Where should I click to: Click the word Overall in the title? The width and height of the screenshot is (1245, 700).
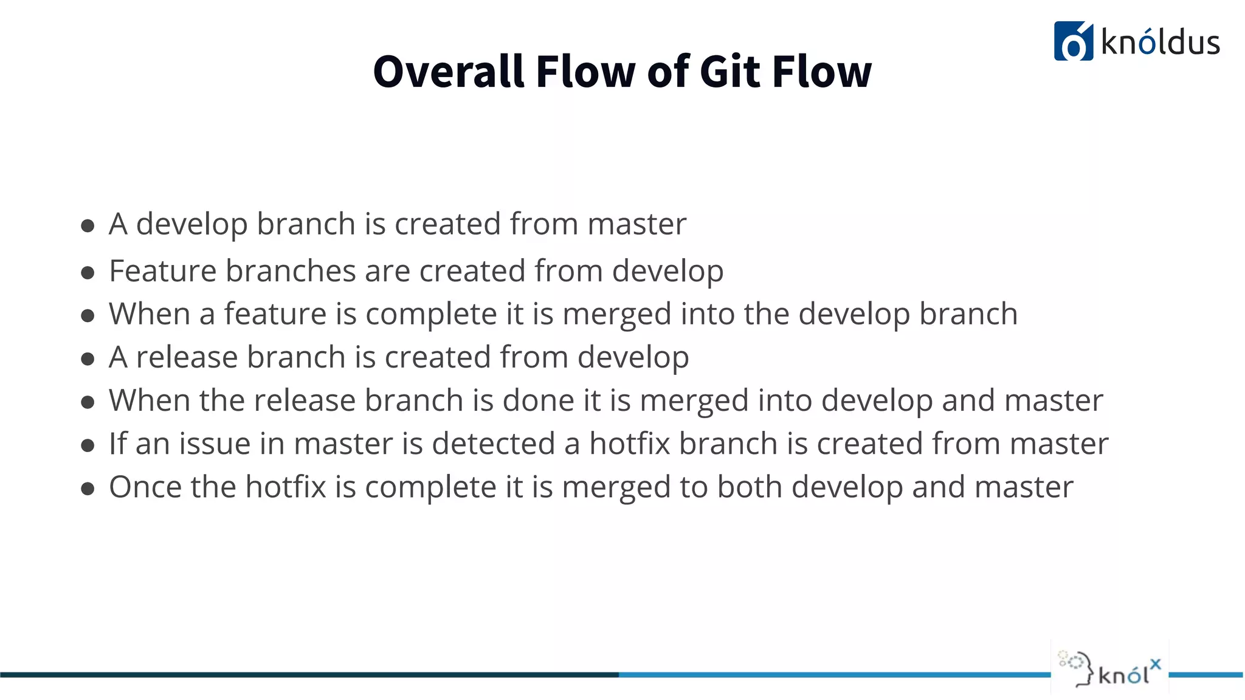(448, 72)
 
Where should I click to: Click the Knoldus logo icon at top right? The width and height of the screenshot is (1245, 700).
(1073, 41)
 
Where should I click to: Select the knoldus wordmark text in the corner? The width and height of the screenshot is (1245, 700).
(1161, 43)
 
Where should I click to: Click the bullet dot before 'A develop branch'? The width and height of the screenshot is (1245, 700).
(88, 226)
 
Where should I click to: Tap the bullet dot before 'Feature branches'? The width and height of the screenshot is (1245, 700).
(88, 273)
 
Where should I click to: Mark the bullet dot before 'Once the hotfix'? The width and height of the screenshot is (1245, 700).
(88, 489)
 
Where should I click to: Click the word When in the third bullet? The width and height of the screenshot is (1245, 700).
(150, 315)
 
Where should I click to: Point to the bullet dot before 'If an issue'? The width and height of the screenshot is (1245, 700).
(88, 445)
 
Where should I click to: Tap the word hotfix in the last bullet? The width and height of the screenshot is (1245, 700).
(286, 487)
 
